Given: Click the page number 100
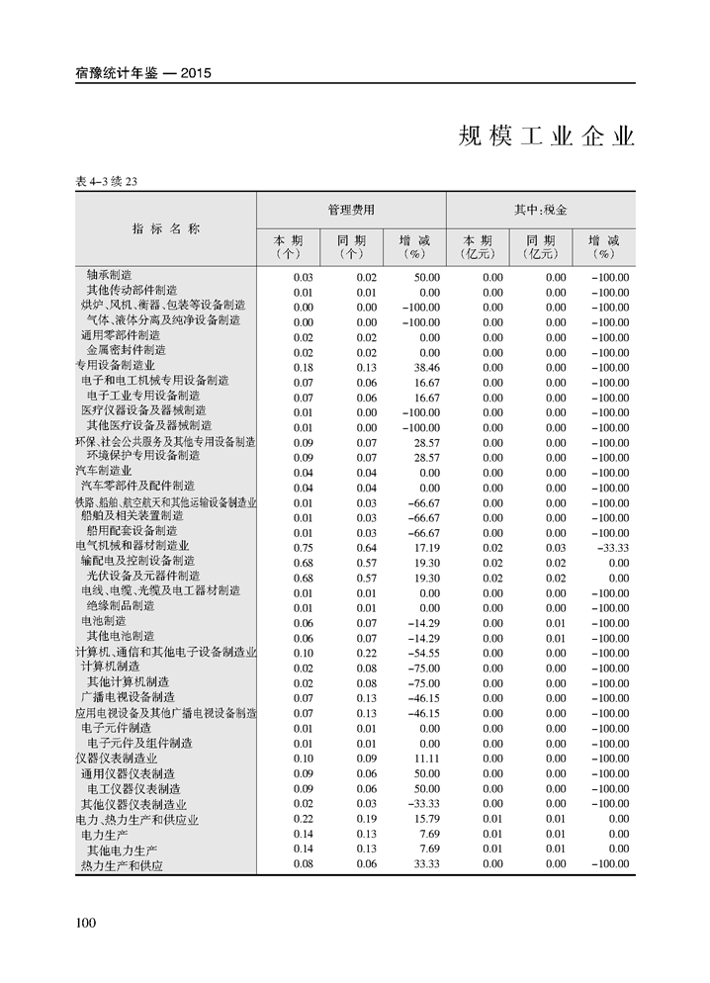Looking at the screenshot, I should [84, 923].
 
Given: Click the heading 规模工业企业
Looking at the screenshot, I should [546, 135].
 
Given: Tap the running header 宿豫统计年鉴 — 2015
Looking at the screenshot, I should [143, 72].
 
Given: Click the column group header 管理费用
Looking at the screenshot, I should [351, 211].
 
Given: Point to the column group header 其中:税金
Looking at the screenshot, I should [540, 211].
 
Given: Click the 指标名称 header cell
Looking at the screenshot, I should [166, 228].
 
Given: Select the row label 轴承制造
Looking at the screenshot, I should [109, 276].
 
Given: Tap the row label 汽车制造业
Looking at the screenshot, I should [104, 471].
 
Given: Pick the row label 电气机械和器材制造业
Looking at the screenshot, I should [132, 545].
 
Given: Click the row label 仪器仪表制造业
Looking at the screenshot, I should [117, 758].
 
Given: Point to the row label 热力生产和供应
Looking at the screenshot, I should [122, 865].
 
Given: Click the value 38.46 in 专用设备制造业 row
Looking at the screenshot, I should [426, 367].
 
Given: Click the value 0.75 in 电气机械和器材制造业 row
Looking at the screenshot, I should [303, 547].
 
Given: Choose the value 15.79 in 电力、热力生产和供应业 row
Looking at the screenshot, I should [426, 819].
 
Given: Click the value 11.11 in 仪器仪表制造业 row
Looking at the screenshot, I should [426, 759].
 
